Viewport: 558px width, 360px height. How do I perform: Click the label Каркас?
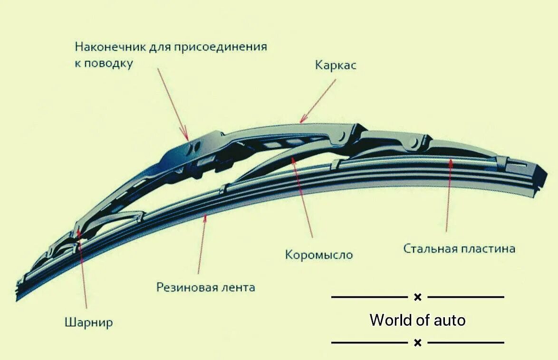336,65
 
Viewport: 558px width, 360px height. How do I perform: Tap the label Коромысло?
319,255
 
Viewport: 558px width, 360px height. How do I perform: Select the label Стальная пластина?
459,248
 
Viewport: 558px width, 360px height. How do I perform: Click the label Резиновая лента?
206,287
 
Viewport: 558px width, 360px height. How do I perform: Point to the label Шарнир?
88,323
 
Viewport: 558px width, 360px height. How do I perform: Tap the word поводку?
109,63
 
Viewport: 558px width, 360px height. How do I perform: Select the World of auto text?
417,320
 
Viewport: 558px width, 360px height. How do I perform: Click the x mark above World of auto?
417,297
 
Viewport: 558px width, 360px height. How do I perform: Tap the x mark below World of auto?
417,342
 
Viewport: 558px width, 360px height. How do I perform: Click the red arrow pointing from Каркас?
318,101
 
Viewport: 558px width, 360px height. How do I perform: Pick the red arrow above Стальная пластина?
448,195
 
